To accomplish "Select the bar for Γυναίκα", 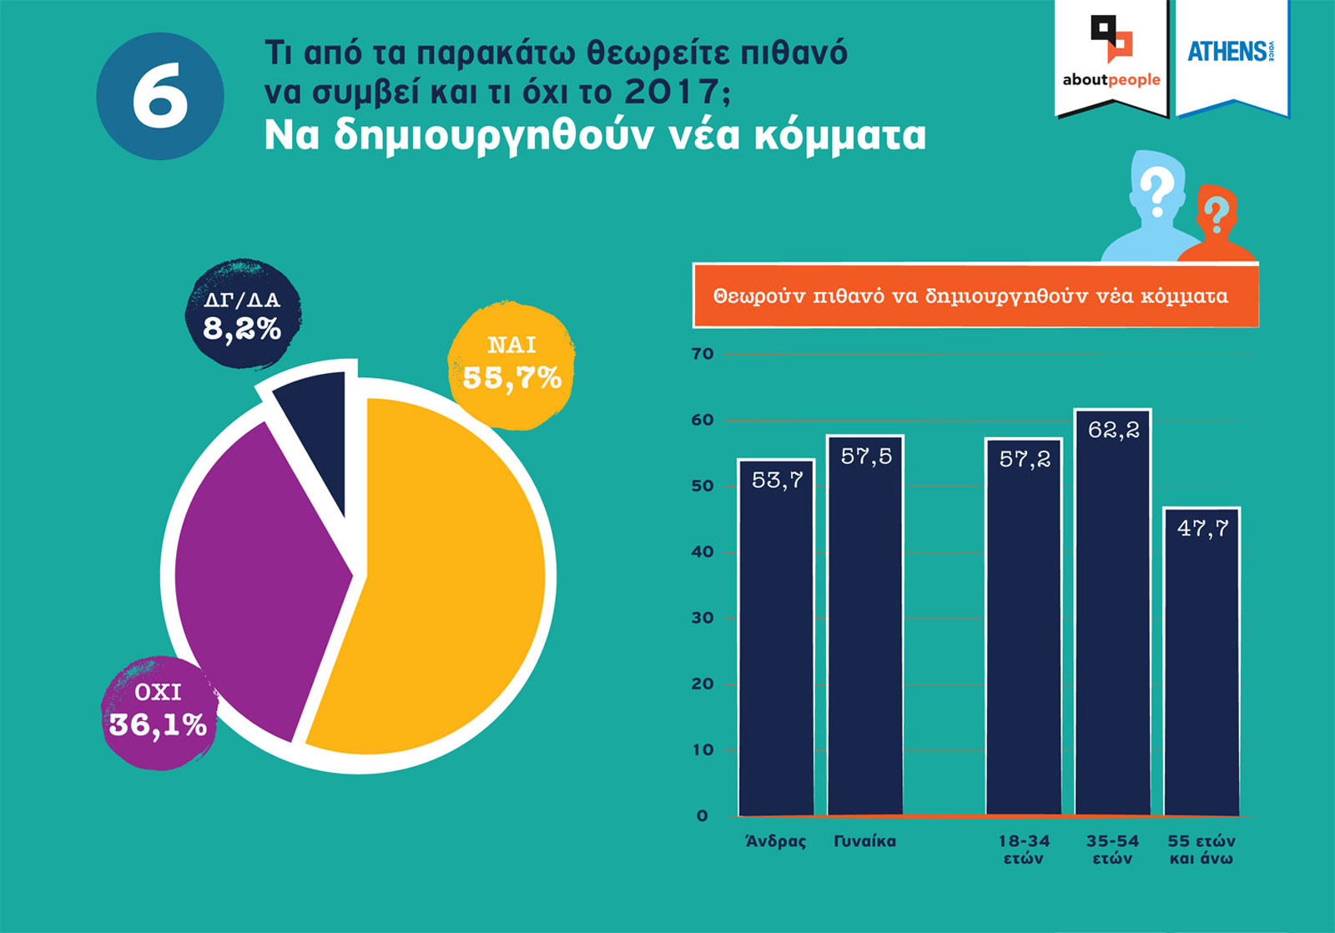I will point(865,626).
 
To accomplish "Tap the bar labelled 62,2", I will point(1113,613).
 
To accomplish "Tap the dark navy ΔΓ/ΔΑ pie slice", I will point(317,442).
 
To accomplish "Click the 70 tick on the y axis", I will point(703,354).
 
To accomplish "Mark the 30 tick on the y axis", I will point(703,618).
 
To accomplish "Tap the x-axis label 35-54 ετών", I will point(1112,850).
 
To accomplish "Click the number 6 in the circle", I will point(160,96).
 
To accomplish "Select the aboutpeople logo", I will point(1111,54).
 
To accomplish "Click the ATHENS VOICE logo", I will point(1232,52).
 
